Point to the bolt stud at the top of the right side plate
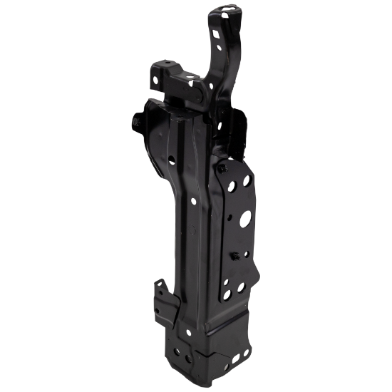(222, 168)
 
